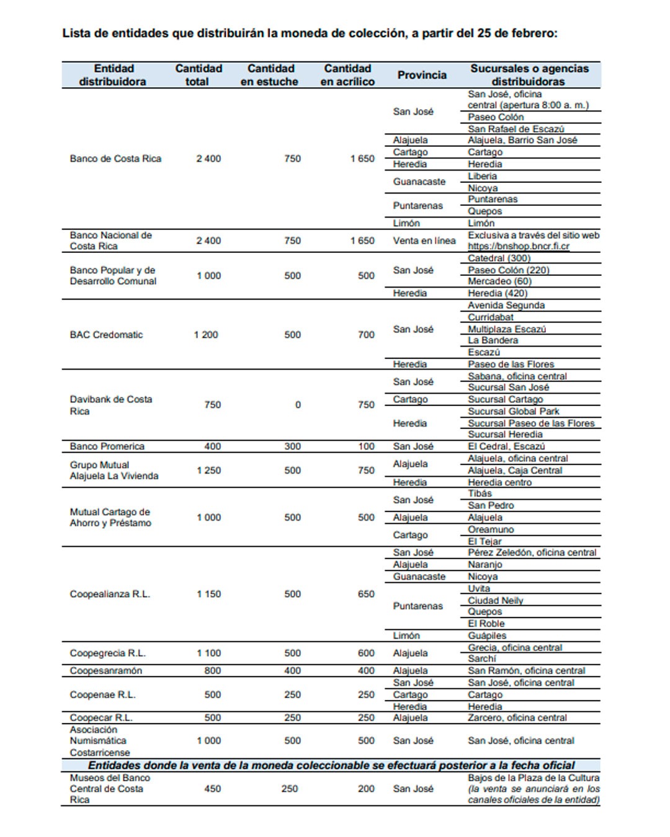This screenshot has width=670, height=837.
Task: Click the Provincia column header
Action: [422, 75]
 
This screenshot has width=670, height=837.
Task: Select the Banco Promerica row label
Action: [107, 446]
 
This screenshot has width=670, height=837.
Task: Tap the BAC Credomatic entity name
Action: [106, 335]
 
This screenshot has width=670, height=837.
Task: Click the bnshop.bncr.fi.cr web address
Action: [518, 246]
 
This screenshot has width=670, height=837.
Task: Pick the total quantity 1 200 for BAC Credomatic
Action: [206, 335]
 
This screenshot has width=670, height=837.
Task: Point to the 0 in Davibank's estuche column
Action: [298, 405]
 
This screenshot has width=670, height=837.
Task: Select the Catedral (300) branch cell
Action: [499, 258]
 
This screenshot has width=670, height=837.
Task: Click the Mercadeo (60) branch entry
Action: [499, 281]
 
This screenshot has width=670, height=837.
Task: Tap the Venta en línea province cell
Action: [424, 241]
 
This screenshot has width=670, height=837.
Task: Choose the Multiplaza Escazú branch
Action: [507, 329]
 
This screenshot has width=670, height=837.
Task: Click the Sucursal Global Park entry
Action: [513, 411]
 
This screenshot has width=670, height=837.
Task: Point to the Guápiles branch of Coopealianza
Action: [487, 635]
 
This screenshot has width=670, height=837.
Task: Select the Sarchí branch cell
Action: [482, 658]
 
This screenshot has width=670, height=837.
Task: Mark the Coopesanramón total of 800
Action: [213, 671]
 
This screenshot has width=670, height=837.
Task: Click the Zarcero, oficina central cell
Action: [517, 718]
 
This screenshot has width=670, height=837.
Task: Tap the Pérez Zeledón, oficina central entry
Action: [532, 552]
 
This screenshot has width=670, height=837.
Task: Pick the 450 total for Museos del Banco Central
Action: [213, 789]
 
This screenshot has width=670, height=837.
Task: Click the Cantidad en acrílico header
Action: [347, 75]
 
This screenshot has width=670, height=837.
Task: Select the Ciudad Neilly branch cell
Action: [495, 600]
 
